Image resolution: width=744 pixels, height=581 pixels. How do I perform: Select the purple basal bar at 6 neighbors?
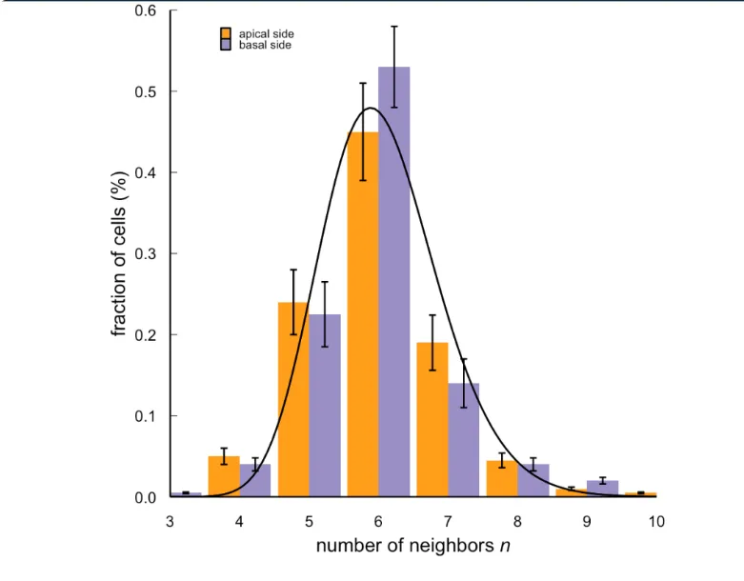click(394, 286)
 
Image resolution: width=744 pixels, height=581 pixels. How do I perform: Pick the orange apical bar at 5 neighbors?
click(292, 400)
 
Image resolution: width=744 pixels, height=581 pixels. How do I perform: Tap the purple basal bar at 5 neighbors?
click(325, 405)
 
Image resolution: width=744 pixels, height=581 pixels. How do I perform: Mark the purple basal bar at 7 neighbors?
click(464, 438)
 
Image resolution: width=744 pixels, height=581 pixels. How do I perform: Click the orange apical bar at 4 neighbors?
click(224, 476)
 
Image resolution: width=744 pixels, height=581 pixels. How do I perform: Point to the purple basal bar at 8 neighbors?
click(533, 480)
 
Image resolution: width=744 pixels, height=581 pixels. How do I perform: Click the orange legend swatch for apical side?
click(227, 33)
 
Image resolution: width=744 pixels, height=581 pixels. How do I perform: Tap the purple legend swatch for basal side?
click(227, 44)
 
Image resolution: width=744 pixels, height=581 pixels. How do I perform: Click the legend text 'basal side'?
click(265, 45)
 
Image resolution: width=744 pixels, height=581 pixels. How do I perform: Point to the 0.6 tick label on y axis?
click(146, 11)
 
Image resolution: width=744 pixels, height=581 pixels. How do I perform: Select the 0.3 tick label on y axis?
click(146, 254)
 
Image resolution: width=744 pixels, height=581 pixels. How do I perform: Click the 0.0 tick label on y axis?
click(146, 497)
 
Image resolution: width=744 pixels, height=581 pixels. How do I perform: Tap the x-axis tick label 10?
click(656, 521)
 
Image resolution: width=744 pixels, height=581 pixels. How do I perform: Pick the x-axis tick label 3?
click(170, 521)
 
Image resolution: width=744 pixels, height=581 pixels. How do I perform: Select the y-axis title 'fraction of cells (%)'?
click(120, 254)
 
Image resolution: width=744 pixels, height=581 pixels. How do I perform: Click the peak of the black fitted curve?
click(371, 109)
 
